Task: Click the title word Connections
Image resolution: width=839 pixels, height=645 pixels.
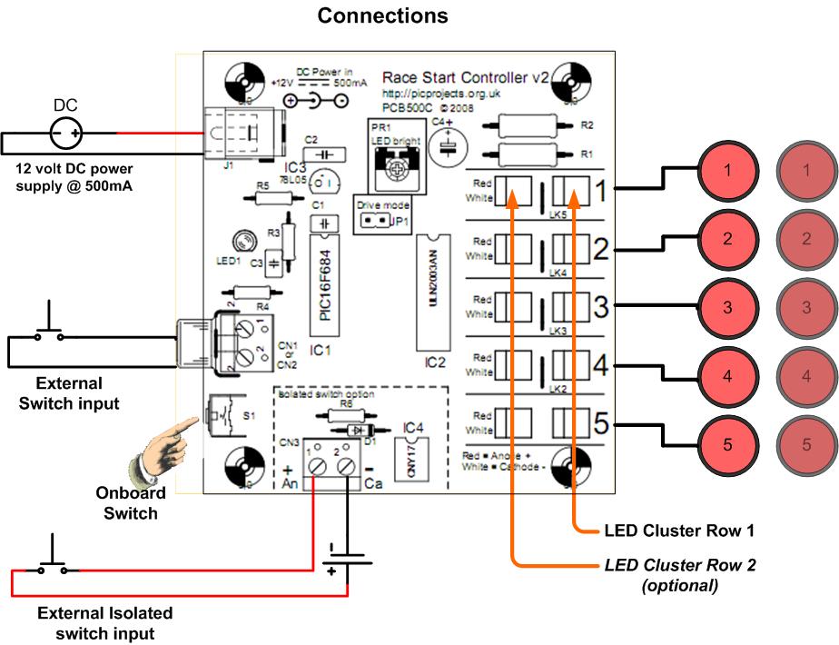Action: click(382, 16)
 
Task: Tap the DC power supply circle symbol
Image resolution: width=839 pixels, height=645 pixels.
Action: click(66, 135)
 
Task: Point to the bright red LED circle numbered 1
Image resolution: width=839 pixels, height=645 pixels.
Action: click(726, 170)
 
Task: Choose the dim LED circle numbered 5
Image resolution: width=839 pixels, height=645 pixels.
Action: click(806, 446)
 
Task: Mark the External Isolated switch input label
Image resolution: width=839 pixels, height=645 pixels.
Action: click(104, 623)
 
